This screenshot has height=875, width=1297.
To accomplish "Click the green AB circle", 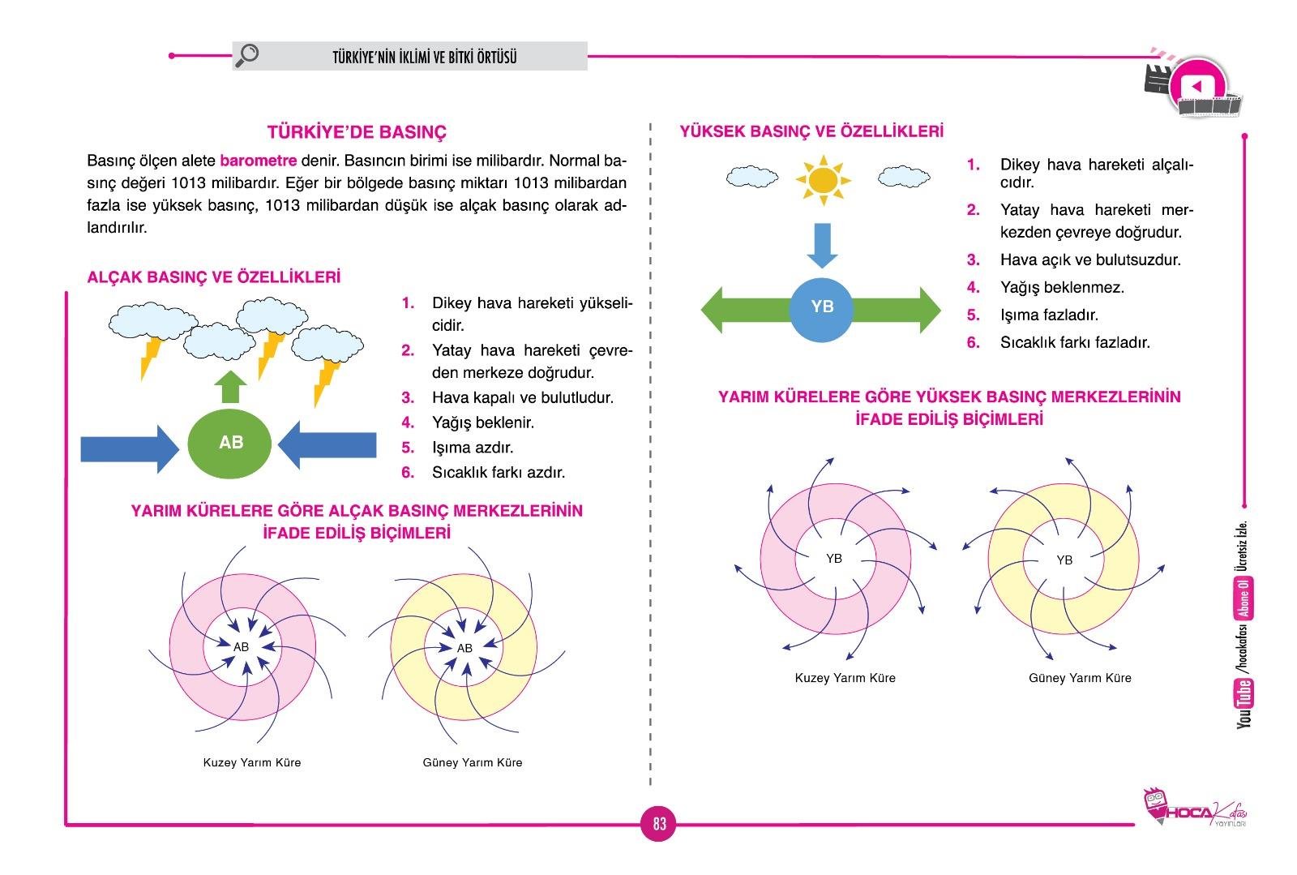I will tap(230, 443).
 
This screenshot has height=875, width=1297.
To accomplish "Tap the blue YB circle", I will tap(821, 307).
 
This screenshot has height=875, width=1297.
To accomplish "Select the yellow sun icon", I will tap(823, 179).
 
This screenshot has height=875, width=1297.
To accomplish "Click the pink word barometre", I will tap(258, 161).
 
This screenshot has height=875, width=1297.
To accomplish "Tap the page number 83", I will tap(659, 824).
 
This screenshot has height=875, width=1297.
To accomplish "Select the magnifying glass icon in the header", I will tap(246, 55).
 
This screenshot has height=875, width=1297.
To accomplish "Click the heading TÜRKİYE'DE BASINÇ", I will tap(357, 132).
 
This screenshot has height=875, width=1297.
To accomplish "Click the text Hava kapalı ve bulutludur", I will tap(522, 397).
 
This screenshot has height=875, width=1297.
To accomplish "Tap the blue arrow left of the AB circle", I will tap(129, 447).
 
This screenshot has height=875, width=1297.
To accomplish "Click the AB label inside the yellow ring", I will tap(464, 648).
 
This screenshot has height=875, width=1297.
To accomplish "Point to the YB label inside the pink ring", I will tap(833, 558).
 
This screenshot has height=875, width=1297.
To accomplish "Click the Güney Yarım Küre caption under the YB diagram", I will tap(1080, 678).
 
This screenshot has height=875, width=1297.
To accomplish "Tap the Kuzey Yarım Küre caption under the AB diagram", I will tap(251, 762).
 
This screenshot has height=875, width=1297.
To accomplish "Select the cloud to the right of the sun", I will tap(903, 176).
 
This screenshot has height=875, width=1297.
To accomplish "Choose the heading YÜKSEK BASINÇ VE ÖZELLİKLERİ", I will tap(811, 131).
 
